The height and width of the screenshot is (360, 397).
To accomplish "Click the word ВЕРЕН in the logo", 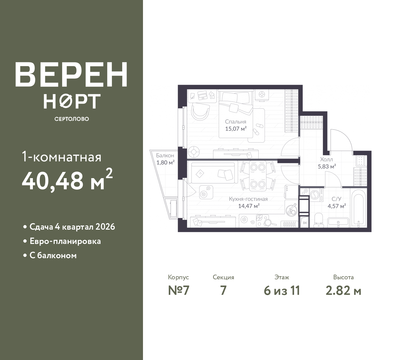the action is coord(71,74).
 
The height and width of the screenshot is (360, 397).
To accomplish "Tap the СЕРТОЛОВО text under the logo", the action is coord(72,119).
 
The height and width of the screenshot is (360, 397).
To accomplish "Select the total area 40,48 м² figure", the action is coord(67,180).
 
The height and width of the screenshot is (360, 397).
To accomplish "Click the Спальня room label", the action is coord(235,122).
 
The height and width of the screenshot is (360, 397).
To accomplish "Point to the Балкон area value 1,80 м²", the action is coord(165,163).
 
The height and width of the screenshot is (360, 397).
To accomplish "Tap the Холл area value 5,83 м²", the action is coord(327,167).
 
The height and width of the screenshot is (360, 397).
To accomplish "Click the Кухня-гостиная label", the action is coord(248,199).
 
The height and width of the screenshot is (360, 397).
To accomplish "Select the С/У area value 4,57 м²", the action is coord(337,206).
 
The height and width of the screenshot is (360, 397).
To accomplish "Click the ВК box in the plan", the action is coord(305,223).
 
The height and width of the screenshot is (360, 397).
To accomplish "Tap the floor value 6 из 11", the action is coord(282,291).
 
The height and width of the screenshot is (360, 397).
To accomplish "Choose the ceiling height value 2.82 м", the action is coord(343,291).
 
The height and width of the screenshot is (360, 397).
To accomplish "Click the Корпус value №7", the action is coord(179,291).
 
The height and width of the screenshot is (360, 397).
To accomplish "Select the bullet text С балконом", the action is coord(53,255).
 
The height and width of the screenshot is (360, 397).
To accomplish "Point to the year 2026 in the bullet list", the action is coord(105,227).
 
